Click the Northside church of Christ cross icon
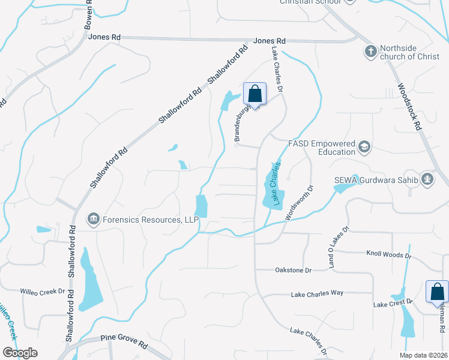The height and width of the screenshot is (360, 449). [370, 52]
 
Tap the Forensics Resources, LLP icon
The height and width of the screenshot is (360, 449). [93, 220]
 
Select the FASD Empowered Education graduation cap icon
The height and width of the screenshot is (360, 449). [364, 147]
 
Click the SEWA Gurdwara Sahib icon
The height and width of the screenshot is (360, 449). [427, 179]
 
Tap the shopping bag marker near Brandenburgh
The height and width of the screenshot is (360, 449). [255, 94]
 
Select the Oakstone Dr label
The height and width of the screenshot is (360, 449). [293, 271]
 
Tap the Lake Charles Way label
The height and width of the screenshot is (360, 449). [316, 294]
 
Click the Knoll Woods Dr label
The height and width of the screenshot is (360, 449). [388, 254]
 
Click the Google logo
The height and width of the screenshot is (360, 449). [20, 352]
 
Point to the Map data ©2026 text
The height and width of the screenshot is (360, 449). [423, 355]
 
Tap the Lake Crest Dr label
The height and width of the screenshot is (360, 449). [393, 304]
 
